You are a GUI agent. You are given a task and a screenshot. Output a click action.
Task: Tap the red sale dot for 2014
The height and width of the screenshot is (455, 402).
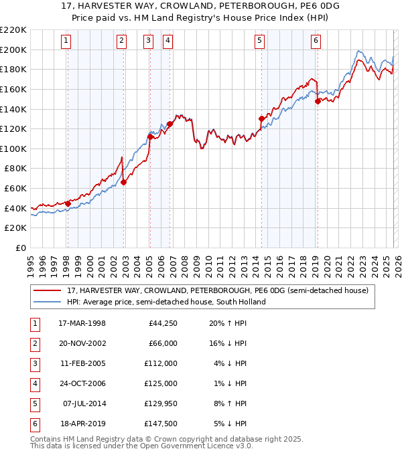point(261,119)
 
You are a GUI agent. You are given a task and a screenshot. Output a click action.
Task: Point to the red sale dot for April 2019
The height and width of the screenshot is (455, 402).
point(318,102)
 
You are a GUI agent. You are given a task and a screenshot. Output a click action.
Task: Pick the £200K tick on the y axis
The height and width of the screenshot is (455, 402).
point(13,50)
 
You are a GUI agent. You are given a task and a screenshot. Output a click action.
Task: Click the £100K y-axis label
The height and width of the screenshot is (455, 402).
point(13,149)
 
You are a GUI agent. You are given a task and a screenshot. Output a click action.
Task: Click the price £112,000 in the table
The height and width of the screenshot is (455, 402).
point(161,363)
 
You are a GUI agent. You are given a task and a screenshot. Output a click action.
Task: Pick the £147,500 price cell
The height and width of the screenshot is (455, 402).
point(161,423)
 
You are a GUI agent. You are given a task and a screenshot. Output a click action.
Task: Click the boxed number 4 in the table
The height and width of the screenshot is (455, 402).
point(33,383)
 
